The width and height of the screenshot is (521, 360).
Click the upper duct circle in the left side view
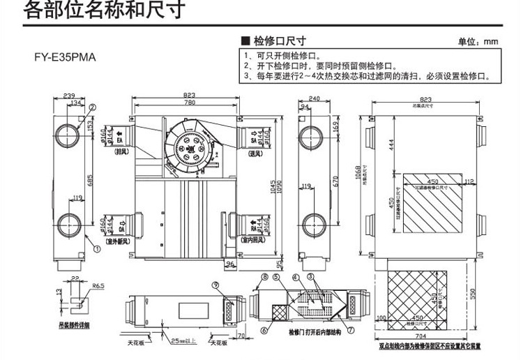(69, 134)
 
